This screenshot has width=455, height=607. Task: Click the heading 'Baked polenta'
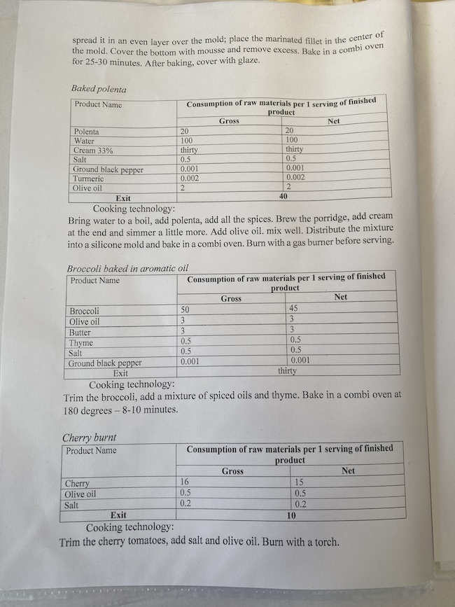98,90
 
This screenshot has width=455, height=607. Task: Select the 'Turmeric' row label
88,179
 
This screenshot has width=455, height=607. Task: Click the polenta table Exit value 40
283,197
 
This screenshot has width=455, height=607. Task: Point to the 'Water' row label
84,141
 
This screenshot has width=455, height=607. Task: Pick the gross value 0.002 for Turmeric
189,179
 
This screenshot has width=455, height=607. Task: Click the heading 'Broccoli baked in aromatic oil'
127,269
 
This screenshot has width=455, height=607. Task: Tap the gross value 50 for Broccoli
185,309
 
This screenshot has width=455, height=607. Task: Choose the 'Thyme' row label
81,342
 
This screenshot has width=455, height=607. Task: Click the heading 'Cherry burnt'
89,438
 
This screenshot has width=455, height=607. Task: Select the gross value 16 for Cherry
185,482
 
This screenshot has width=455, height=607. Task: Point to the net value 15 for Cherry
300,482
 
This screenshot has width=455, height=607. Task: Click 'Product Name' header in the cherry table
91,450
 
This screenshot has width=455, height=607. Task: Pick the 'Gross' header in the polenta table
229,121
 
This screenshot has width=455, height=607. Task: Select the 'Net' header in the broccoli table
341,298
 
